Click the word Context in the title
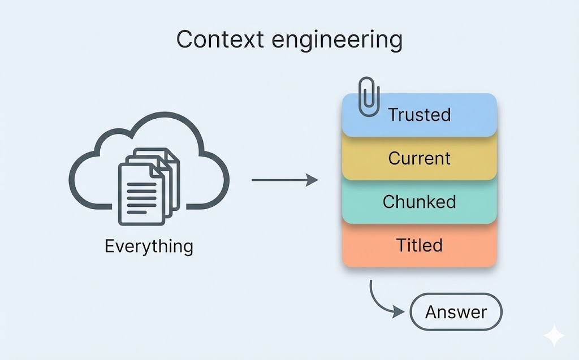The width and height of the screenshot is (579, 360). pos(213,40)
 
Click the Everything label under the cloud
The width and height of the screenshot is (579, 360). pos(149,246)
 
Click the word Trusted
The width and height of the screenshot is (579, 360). pos(419,115)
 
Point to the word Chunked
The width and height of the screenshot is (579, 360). pos(419,202)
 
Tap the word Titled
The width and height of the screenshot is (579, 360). pos(419,245)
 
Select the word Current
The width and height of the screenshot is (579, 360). pos(419,158)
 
